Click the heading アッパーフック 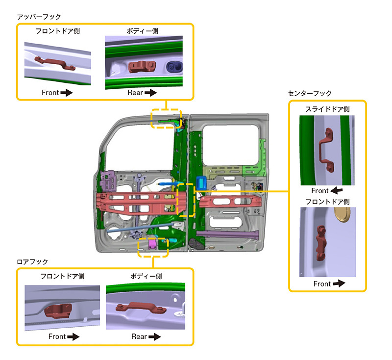tap(39, 17)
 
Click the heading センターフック tap(310, 93)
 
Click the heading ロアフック tap(32, 262)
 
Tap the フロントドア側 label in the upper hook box tap(57, 31)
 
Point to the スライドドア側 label tap(327, 109)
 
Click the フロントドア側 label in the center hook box tap(327, 202)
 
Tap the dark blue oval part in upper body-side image tap(173, 67)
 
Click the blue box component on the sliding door tap(201, 182)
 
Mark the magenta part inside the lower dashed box tap(152, 242)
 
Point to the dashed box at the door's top tap(166, 118)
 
